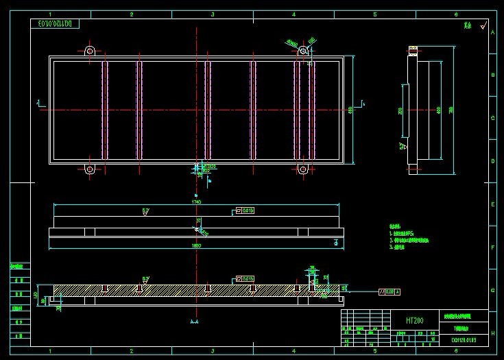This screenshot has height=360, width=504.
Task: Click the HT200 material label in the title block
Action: [414, 320]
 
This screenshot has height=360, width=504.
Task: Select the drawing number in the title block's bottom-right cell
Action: [464, 339]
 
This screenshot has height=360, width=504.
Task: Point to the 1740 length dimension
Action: [197, 202]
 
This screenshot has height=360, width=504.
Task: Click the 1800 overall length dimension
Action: [197, 245]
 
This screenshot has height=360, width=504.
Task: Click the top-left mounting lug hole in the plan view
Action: [90, 51]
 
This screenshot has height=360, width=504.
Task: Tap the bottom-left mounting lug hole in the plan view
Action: [90, 169]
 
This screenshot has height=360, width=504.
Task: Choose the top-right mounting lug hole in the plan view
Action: [303, 51]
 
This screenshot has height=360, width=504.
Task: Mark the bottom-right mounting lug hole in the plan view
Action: [303, 169]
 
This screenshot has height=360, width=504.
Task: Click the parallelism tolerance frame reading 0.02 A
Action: [389, 291]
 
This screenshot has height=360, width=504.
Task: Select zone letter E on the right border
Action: [492, 204]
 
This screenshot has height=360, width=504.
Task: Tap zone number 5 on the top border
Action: [375, 14]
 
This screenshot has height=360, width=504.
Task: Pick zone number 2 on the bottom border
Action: [131, 351]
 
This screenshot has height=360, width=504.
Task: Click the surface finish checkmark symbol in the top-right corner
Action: [483, 26]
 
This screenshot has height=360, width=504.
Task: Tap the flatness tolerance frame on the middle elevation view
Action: [245, 211]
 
